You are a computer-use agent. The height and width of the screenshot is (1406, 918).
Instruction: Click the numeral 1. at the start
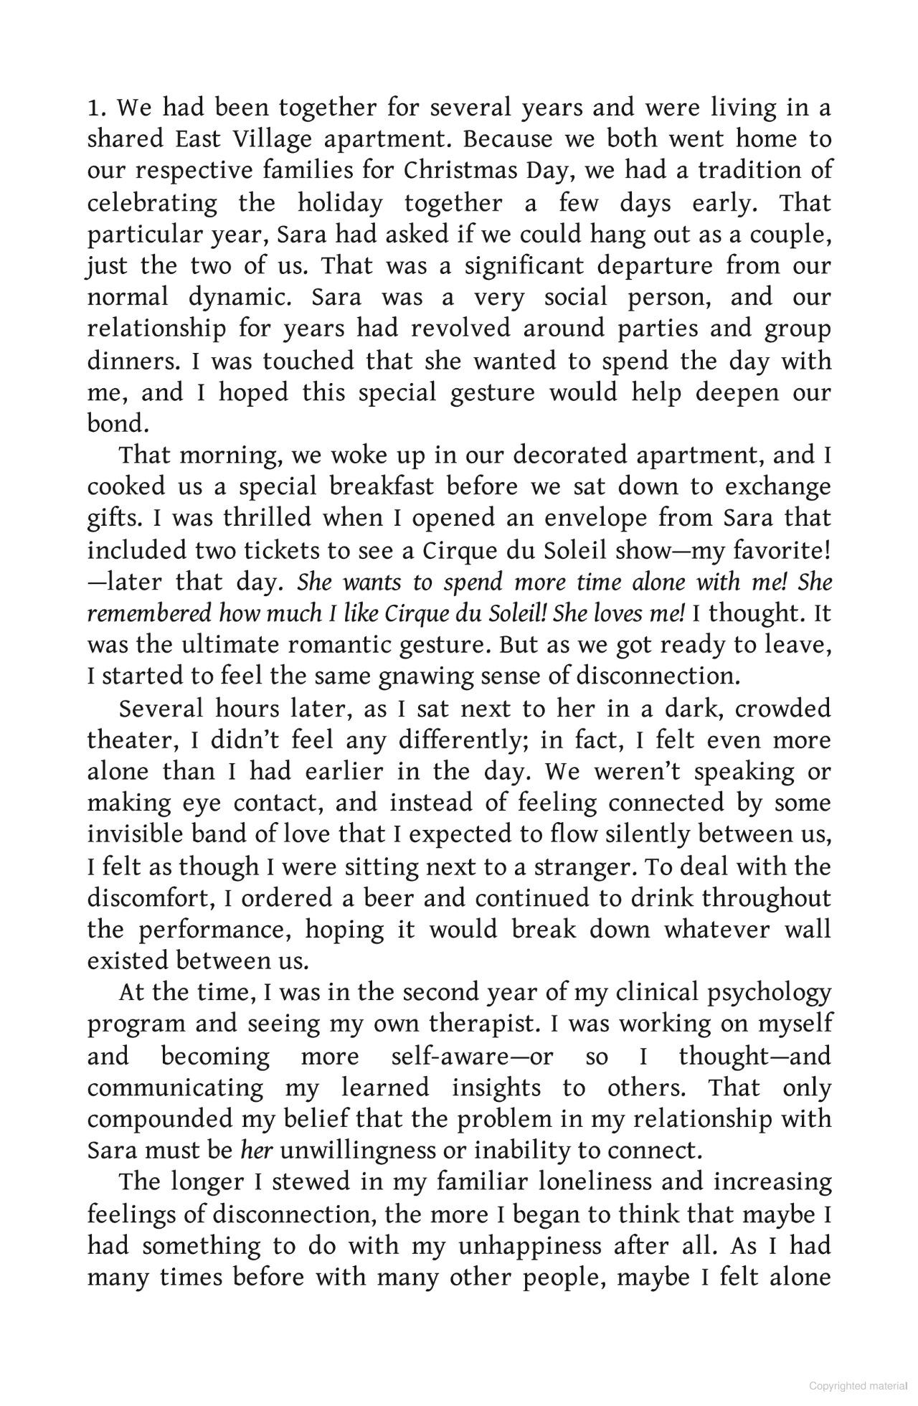[x=97, y=108]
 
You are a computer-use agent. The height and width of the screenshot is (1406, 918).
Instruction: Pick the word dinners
[x=133, y=361]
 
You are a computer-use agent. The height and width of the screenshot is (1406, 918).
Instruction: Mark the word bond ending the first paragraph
[x=117, y=424]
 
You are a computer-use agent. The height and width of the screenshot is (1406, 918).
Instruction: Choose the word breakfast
[x=382, y=487]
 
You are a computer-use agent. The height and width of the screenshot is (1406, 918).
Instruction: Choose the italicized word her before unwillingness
[x=255, y=1151]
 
